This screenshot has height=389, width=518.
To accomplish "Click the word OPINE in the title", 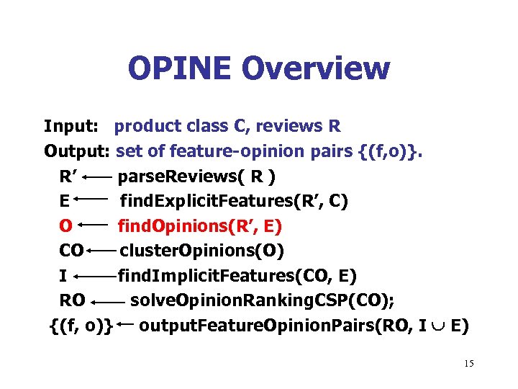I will pos(181,68).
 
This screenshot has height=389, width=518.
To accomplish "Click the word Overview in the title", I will pos(316,68).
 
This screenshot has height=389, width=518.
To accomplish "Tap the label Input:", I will pos(71,127).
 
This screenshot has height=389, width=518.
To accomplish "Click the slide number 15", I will pos(468,364).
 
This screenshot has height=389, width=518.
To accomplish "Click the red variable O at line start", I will pos(65,226).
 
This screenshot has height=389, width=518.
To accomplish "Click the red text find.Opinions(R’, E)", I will pos(200,226).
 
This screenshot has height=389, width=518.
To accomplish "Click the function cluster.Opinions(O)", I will pos(202,251).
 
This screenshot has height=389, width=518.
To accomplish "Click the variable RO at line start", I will pos(72,300).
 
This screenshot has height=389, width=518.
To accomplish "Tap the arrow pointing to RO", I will pos(109,301).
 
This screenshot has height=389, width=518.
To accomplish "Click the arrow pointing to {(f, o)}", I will pos(125,325).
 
